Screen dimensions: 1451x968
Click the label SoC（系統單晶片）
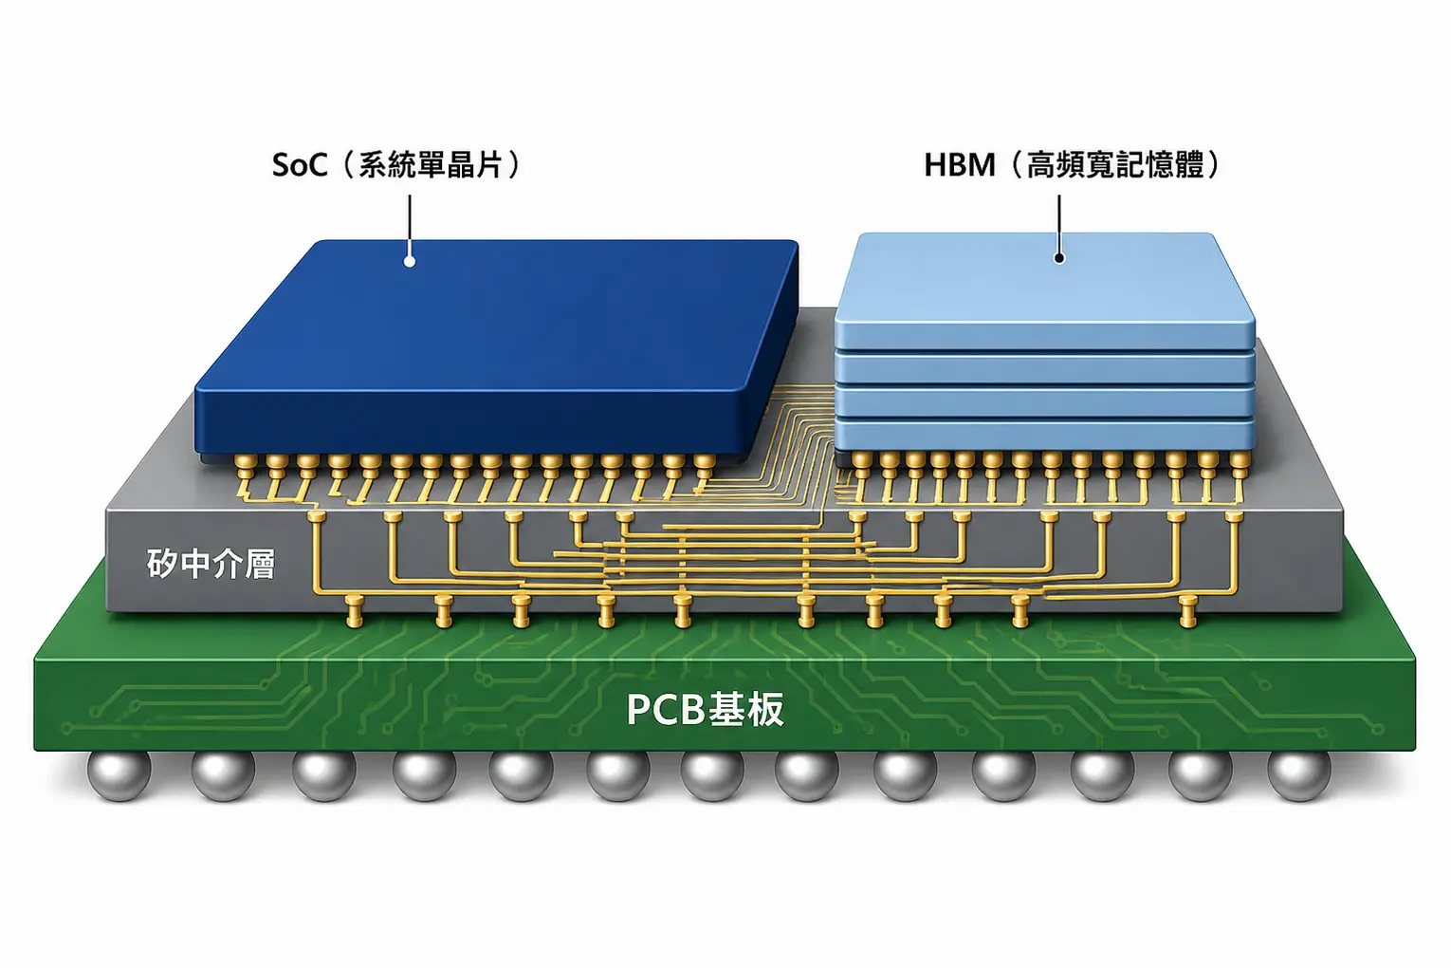[395, 165]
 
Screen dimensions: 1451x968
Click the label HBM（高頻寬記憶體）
[1072, 165]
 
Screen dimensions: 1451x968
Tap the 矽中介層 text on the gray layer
[211, 564]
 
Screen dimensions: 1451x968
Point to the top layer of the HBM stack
[1044, 291]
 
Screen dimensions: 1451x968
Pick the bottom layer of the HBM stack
[1044, 435]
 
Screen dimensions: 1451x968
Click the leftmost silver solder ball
[119, 774]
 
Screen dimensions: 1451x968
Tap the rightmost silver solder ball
[1298, 774]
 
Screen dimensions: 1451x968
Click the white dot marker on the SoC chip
[410, 261]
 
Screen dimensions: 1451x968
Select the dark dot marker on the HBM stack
[1059, 257]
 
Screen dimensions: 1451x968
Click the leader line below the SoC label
[410, 225]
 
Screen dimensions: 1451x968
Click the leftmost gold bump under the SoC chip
[245, 463]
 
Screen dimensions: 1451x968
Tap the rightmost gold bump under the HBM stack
[1240, 461]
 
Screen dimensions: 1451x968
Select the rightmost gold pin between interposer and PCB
[1187, 611]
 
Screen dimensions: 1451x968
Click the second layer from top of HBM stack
[1044, 367]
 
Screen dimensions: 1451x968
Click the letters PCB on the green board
[665, 709]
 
